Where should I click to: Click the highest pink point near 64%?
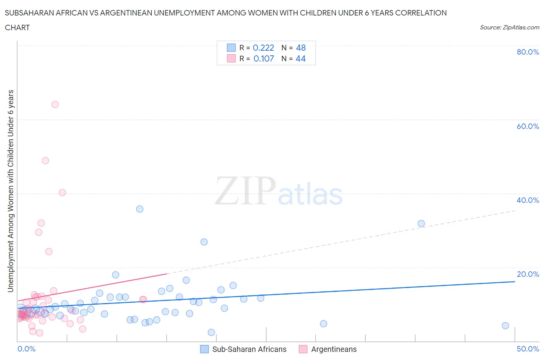(55, 105)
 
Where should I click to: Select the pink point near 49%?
(45, 161)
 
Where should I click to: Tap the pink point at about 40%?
(62, 192)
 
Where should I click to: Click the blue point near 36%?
(140, 209)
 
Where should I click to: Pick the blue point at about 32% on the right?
(421, 223)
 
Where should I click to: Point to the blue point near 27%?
(204, 242)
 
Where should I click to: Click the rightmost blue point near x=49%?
(505, 326)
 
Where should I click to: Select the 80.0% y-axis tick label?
(528, 52)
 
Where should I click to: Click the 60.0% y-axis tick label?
(528, 126)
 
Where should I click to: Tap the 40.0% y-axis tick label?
(528, 200)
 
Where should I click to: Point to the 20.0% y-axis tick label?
(528, 274)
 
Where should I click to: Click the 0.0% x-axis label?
(27, 349)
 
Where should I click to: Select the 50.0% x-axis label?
(528, 349)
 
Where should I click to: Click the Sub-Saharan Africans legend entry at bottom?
(249, 349)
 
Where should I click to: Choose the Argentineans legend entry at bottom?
(334, 349)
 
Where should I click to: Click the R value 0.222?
(263, 48)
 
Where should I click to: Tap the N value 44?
(301, 58)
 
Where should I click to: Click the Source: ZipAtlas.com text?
(509, 27)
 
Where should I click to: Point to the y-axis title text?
(10, 191)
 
